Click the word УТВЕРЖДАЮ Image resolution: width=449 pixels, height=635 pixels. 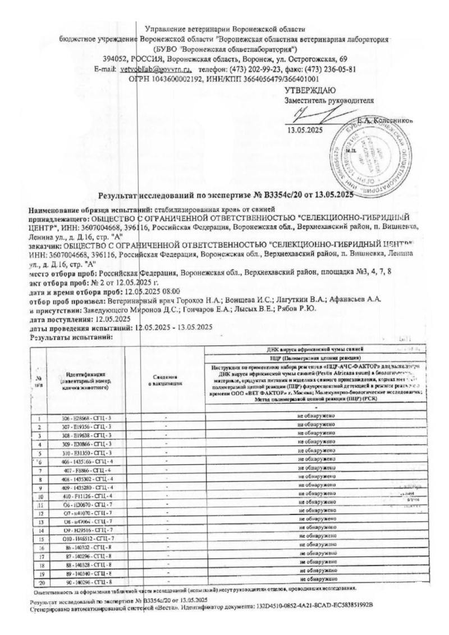(310, 90)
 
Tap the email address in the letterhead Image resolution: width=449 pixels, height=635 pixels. (153, 69)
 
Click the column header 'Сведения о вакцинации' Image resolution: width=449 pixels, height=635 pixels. (167, 379)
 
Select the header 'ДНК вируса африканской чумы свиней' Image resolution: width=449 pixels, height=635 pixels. (317, 350)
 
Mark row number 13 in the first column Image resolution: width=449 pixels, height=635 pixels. (39, 521)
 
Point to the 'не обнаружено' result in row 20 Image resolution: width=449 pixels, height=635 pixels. (317, 579)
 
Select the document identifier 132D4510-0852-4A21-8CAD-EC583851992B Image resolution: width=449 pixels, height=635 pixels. (314, 607)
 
